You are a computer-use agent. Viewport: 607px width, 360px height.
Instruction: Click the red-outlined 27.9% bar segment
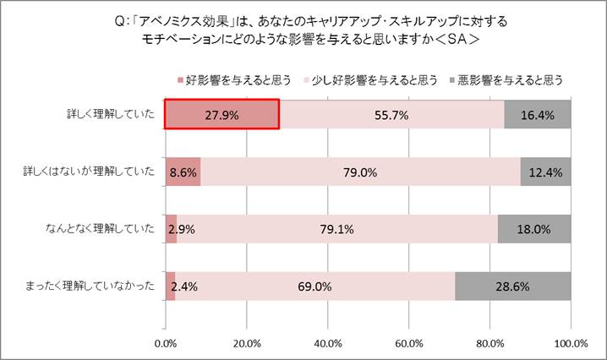[221, 114]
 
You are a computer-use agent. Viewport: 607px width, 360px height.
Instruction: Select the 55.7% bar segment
[391, 114]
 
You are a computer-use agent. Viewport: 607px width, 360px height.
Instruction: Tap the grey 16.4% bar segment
[538, 114]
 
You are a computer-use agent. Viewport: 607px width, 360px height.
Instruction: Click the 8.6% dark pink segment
[183, 172]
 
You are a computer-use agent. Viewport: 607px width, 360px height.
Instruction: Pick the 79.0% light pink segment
[360, 172]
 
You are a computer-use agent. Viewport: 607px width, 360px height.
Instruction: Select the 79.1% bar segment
[336, 228]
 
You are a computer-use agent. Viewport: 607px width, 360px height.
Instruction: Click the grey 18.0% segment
[534, 228]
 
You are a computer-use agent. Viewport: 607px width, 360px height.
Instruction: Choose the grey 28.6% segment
[512, 286]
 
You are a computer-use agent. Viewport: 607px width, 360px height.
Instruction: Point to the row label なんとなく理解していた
[100, 228]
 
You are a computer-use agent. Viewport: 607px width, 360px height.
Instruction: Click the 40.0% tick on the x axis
[327, 343]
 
